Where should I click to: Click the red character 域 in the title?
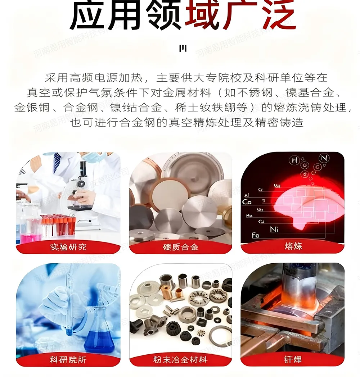click(202, 16)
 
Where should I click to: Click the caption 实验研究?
click(68, 247)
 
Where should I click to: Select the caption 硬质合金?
click(181, 247)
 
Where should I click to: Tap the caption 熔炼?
click(292, 247)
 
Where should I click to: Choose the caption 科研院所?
click(68, 360)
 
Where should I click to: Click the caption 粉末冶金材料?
click(181, 360)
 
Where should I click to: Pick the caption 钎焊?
click(292, 360)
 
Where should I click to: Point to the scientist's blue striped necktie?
click(57, 164)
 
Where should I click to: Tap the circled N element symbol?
click(324, 158)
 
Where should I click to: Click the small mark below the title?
click(183, 48)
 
